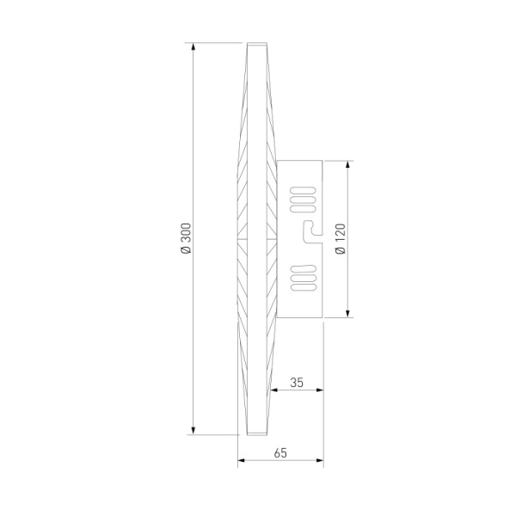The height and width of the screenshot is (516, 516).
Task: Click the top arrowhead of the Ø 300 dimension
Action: click(x=193, y=46)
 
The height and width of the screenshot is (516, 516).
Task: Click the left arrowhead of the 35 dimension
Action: click(x=274, y=390)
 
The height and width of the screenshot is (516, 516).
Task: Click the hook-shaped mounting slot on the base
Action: click(x=310, y=228)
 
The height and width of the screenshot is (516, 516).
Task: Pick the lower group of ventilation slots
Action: click(x=303, y=278)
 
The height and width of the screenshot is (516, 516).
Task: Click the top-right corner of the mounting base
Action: click(x=322, y=161)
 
